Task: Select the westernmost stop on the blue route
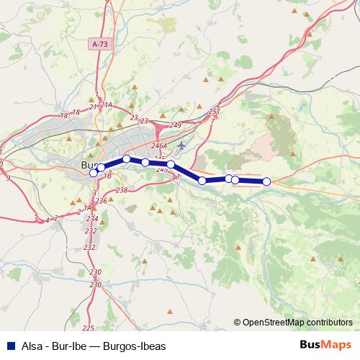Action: (93, 173)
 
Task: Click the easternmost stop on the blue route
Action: (266, 181)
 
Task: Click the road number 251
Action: (213, 112)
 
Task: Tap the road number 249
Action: (174, 126)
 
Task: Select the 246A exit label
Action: (168, 145)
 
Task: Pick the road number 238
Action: (121, 190)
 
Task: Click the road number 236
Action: (101, 201)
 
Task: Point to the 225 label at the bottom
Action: (88, 328)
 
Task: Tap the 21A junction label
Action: (107, 105)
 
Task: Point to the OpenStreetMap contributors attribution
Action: (297, 323)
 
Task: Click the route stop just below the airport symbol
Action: (171, 165)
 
